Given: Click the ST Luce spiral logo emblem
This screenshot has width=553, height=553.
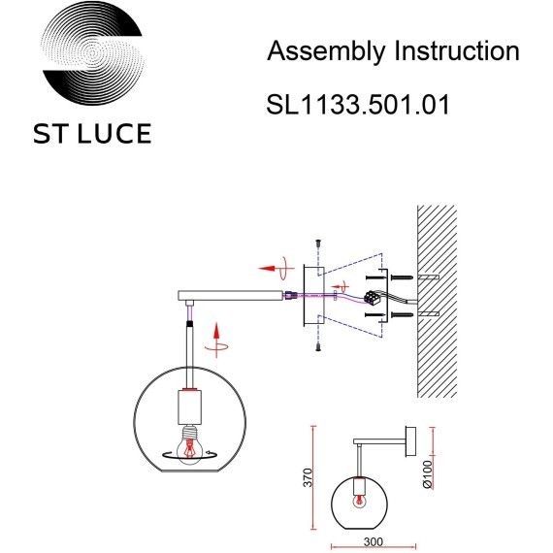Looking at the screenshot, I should pos(94,58).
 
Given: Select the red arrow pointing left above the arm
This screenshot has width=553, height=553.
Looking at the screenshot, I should pos(269,266).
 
